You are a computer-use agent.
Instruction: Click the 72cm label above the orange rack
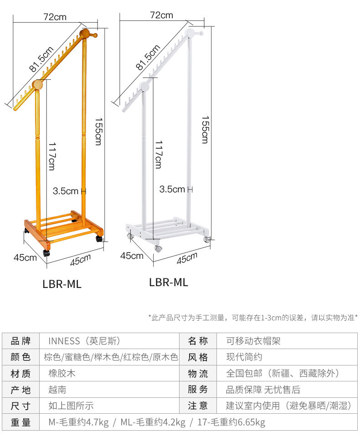[55, 17]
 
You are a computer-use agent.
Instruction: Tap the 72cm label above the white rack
[161, 15]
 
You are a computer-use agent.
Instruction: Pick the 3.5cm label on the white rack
[172, 189]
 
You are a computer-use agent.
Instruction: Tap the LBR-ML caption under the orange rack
[62, 284]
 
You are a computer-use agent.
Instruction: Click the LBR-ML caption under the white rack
[168, 282]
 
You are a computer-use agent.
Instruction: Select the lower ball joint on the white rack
[144, 86]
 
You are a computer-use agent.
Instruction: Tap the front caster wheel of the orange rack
[46, 253]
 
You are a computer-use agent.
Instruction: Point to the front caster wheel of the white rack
[158, 249]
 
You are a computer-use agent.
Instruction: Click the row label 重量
[21, 422]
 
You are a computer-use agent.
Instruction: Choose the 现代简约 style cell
[244, 357]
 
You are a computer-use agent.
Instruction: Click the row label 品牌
[21, 341]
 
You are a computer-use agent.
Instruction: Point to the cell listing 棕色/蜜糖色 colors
[111, 357]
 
